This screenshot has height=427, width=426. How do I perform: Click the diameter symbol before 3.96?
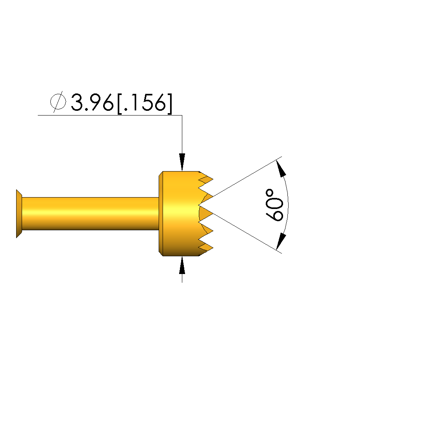[58, 102]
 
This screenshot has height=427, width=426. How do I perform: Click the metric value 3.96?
[92, 103]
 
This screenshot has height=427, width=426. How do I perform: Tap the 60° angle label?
[274, 205]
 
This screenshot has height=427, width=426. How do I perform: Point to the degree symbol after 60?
[270, 193]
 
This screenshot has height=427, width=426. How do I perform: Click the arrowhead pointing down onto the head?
[182, 162]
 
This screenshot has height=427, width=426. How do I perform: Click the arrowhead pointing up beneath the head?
[182, 265]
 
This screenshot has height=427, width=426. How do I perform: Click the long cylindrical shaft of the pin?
[90, 214]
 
